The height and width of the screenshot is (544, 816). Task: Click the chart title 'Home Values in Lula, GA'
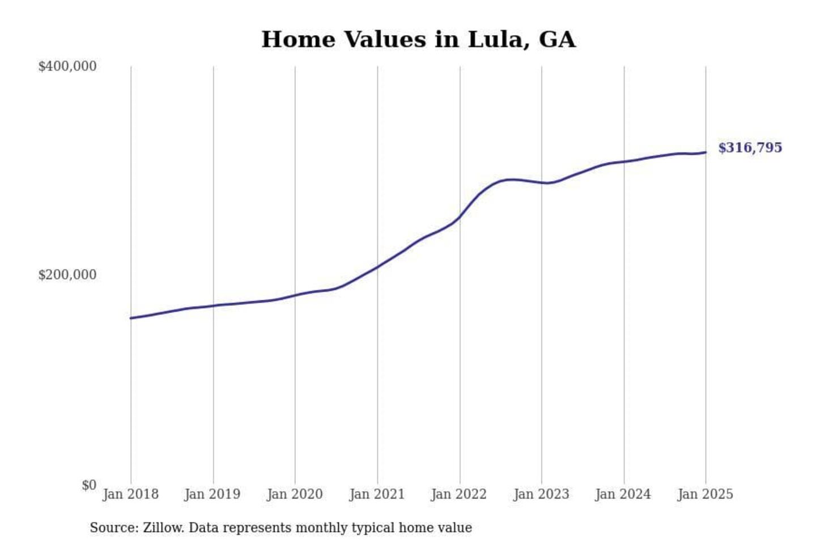418,40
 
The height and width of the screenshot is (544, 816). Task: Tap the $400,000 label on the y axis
67,66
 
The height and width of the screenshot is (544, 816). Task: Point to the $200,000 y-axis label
67,275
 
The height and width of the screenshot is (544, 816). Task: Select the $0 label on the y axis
89,485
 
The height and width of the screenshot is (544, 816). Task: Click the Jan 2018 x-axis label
130,494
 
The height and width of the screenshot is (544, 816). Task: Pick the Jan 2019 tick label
212,494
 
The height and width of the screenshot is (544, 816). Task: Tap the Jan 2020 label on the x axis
295,494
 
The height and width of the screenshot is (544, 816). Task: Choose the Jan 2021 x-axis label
377,494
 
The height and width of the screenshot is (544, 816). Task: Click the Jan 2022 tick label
459,494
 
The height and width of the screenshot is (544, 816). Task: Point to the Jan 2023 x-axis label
541,494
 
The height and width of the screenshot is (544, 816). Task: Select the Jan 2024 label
623,494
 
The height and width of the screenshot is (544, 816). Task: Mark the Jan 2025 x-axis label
705,494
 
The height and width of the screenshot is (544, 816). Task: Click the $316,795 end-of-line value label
750,148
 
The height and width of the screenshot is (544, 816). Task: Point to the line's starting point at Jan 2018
131,318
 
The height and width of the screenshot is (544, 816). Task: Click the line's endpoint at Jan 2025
705,152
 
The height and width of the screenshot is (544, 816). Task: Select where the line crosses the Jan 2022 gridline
460,216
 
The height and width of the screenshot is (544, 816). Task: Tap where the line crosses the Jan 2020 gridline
295,295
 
